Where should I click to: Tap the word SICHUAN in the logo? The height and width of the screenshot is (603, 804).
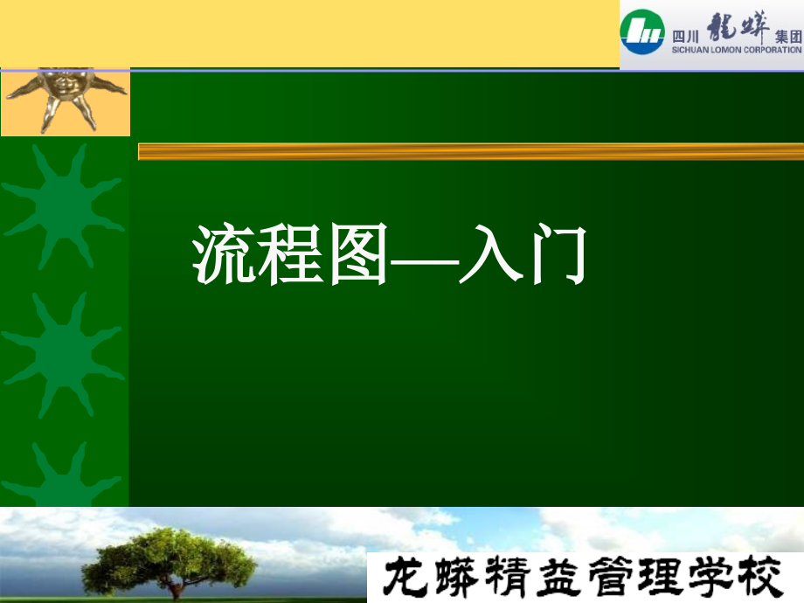coord(690,51)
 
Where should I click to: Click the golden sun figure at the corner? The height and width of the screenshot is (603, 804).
coord(65,96)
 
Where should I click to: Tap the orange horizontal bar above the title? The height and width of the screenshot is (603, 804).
coord(470,151)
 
